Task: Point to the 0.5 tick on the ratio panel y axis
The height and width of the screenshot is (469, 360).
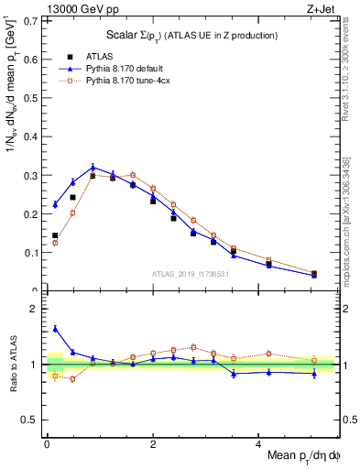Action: [34, 420]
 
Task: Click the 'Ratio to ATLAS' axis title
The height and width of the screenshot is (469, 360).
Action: [15, 365]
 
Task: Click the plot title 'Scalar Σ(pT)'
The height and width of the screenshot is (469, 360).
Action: [137, 35]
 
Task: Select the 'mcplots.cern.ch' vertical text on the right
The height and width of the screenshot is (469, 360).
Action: [348, 228]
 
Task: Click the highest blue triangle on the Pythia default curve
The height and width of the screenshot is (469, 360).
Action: [93, 168]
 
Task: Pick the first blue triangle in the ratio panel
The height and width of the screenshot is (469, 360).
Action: [55, 328]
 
